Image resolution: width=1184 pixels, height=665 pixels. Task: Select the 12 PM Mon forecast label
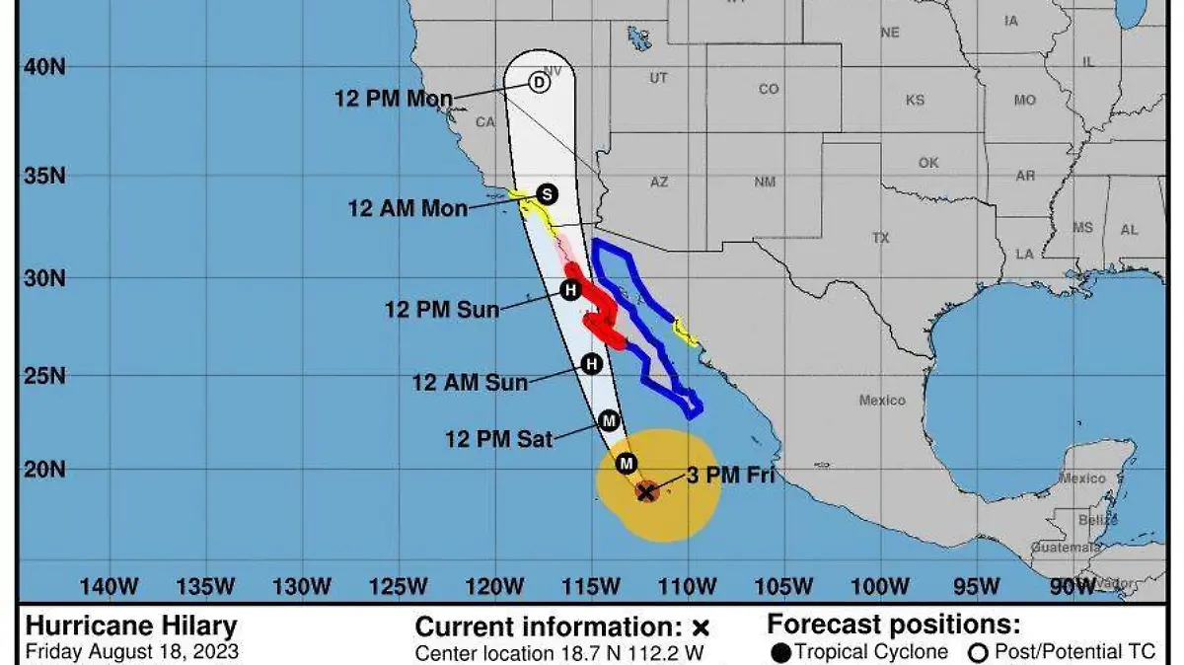pos(394,99)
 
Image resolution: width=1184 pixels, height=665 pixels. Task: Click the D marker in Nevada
pos(539,83)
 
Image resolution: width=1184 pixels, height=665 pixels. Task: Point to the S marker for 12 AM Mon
pos(547,194)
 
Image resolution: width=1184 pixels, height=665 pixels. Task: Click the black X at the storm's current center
pos(646,490)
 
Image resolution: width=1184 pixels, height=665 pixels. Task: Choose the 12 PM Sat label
pos(499,439)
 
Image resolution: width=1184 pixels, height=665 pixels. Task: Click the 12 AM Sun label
pos(470,382)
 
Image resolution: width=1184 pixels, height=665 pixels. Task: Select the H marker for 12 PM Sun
pos(570,290)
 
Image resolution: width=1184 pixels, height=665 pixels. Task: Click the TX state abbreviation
pos(880,238)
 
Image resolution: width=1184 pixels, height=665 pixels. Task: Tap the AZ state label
pos(659,182)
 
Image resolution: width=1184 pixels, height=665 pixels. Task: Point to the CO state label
pos(769,89)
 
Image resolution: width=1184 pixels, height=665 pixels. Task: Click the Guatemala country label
pos(1065,547)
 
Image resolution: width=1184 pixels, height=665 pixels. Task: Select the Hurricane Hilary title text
pos(131,626)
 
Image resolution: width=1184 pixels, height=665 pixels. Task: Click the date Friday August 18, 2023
pos(131,651)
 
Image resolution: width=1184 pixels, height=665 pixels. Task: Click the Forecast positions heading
pos(894,625)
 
